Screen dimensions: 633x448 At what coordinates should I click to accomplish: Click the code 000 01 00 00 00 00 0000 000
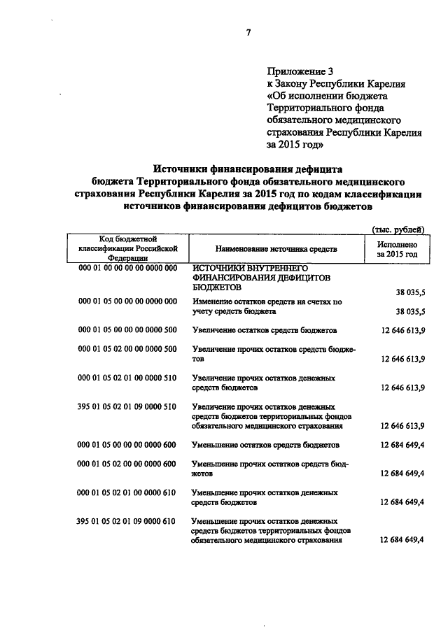pos(126,269)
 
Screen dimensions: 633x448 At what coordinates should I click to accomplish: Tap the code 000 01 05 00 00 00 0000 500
pos(126,329)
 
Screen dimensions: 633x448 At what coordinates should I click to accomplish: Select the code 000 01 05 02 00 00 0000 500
pos(126,349)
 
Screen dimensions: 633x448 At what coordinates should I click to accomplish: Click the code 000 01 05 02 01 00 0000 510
pos(126,378)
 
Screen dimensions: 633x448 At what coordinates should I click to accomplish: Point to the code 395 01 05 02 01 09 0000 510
pos(126,406)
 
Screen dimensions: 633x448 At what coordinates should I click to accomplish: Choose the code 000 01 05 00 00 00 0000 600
pos(126,444)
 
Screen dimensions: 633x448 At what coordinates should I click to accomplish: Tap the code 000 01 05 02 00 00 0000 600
pos(126,464)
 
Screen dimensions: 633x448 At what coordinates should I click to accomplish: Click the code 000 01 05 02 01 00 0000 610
pos(126,493)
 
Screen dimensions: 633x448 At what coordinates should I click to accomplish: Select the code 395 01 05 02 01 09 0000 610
pos(126,521)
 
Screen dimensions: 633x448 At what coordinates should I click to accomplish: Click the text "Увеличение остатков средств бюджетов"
pos(265,329)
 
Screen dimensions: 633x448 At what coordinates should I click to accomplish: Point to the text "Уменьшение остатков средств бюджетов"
pos(266,445)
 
